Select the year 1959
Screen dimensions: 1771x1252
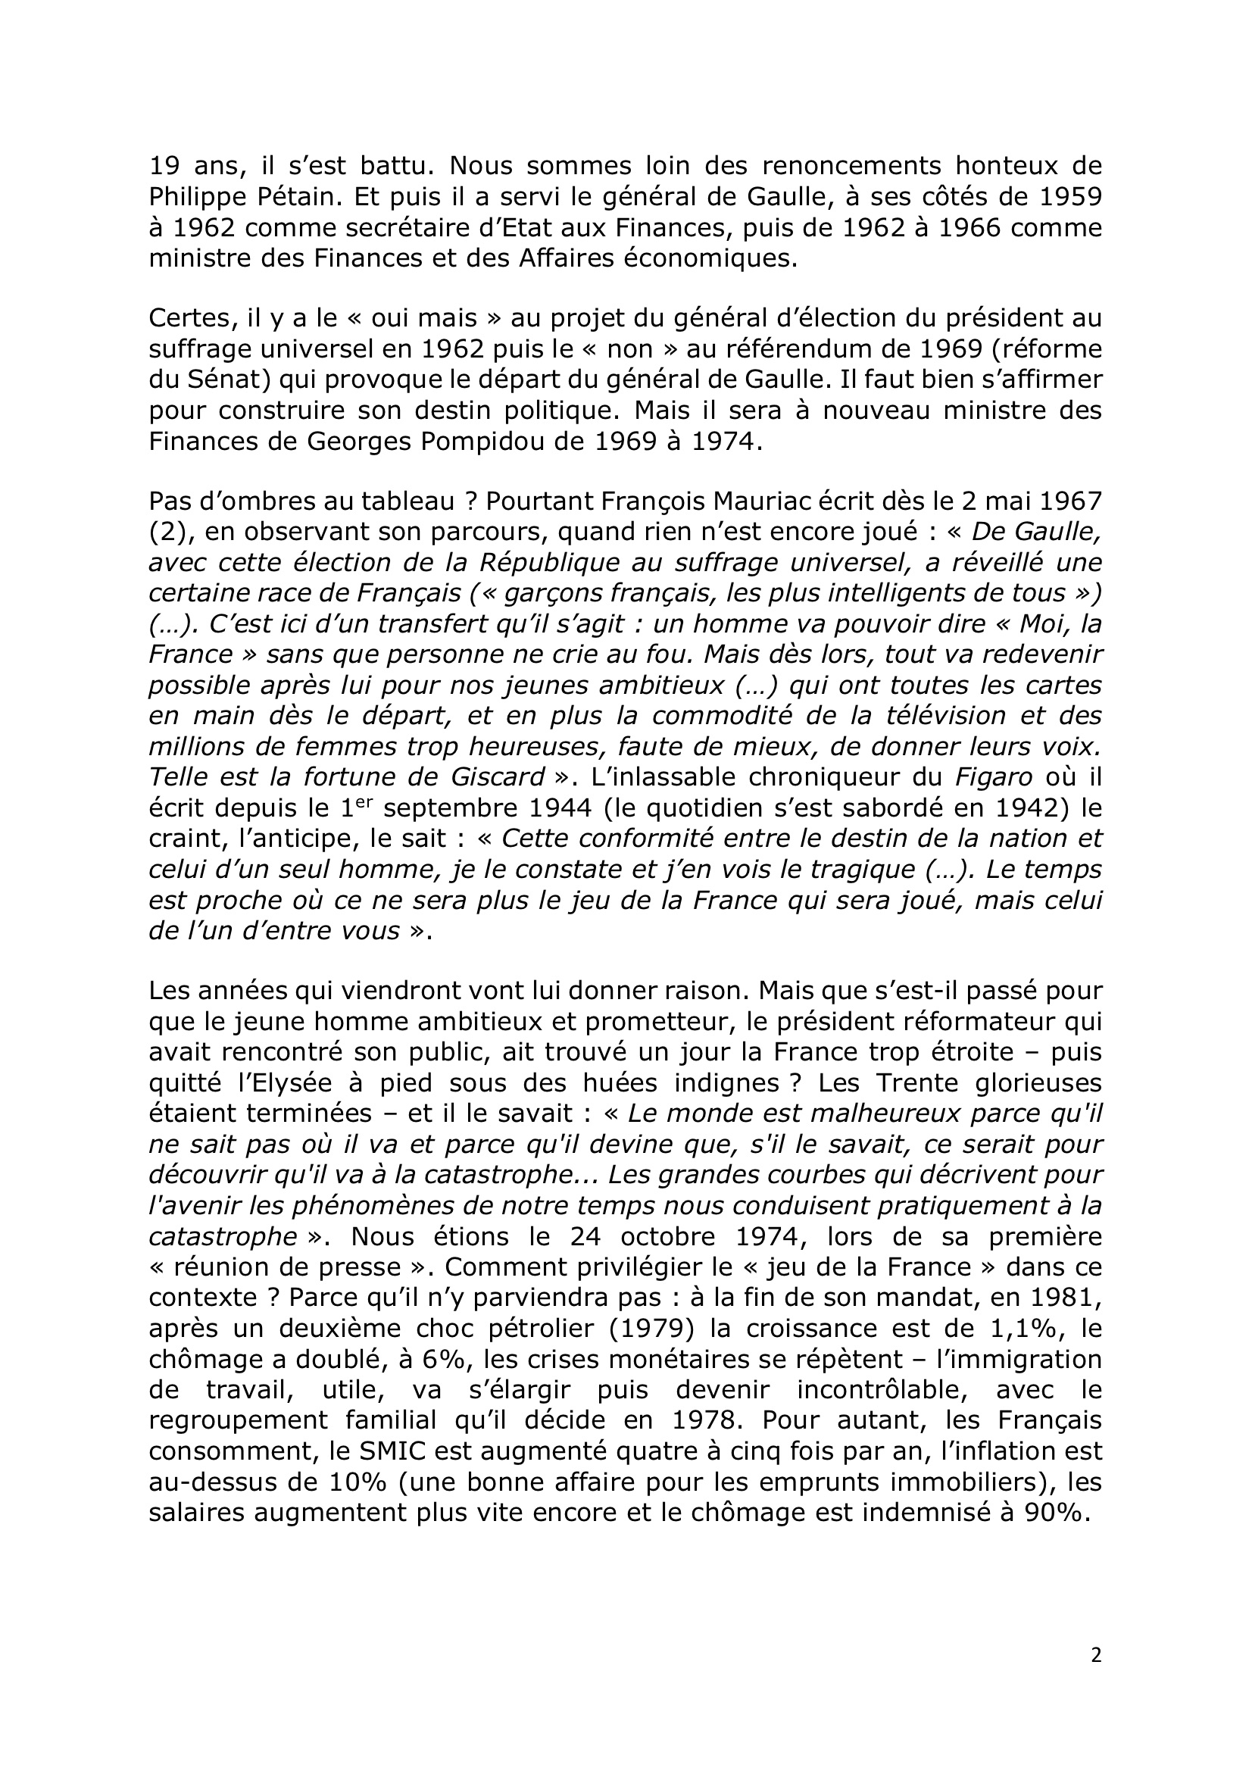click(1069, 197)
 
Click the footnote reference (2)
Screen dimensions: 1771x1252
click(168, 533)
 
